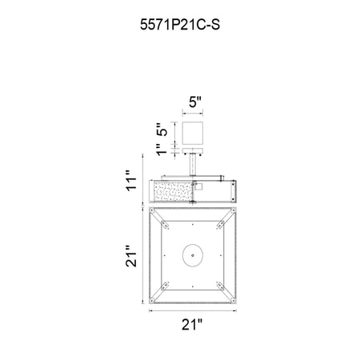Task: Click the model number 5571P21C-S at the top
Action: (x=180, y=25)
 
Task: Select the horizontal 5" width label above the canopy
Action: (x=195, y=102)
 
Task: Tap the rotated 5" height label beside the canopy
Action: (x=162, y=130)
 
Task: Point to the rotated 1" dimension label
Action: (x=162, y=150)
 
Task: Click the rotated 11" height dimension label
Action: (x=131, y=180)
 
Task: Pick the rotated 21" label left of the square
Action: (x=131, y=256)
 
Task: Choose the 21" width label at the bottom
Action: (x=192, y=325)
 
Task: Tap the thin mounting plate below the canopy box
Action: (x=193, y=150)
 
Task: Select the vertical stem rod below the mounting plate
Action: (x=193, y=165)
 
